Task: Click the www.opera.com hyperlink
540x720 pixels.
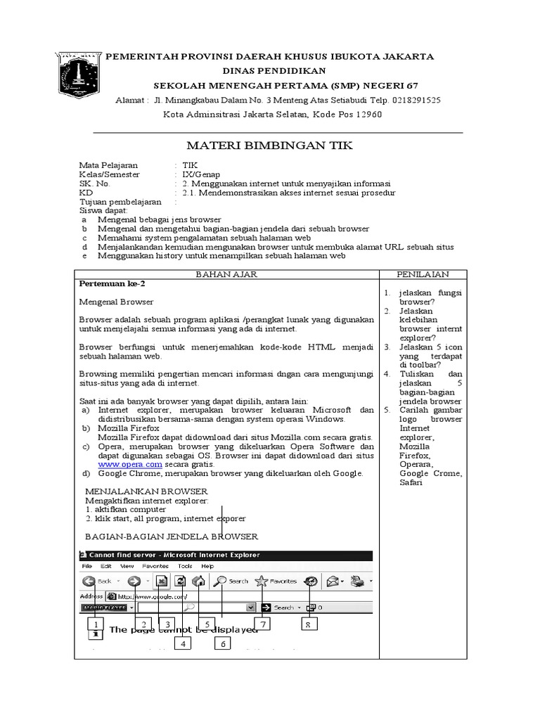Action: point(130,464)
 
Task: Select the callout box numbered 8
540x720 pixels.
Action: point(308,624)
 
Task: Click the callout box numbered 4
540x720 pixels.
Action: point(183,643)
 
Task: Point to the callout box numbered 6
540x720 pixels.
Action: point(224,643)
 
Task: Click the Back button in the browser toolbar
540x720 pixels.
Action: point(97,581)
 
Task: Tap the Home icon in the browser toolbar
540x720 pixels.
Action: point(199,581)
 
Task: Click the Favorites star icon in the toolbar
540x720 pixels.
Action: point(262,581)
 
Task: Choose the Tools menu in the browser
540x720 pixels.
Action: point(185,566)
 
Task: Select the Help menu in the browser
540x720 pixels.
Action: point(207,566)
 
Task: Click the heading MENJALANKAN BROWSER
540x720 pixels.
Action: point(146,491)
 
